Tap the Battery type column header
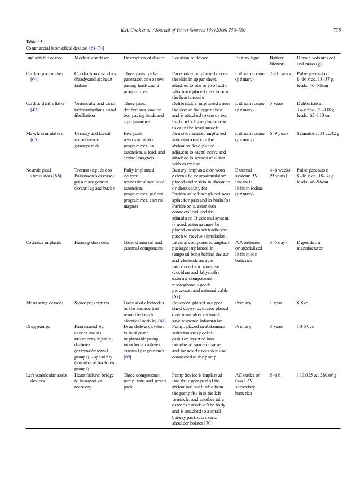click(x=247, y=58)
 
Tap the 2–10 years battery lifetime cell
click(x=280, y=73)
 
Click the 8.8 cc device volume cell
click(x=304, y=303)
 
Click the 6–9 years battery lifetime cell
click(x=280, y=133)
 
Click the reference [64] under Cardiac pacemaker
click(x=34, y=80)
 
